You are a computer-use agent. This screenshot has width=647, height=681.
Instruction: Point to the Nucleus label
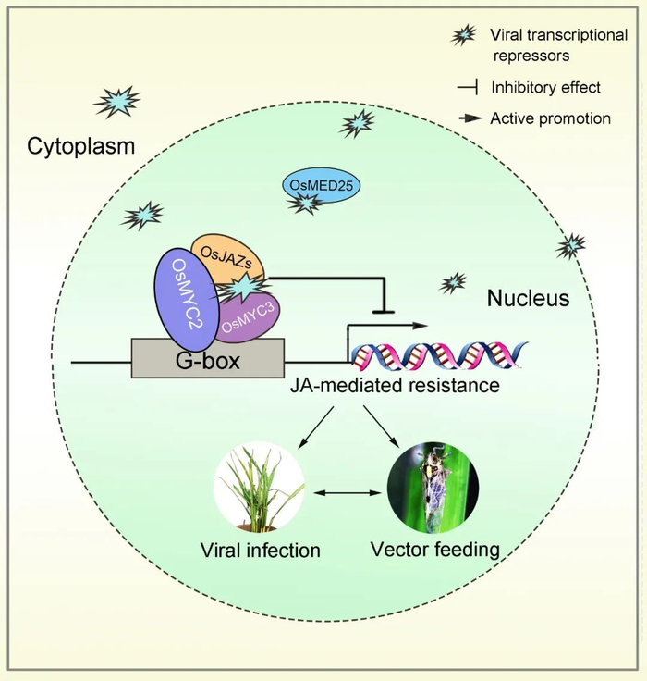click(528, 298)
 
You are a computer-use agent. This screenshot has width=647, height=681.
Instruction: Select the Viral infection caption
click(261, 550)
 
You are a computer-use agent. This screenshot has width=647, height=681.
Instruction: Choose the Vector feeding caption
click(435, 550)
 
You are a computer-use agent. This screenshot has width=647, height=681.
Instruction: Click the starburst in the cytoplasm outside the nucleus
click(118, 100)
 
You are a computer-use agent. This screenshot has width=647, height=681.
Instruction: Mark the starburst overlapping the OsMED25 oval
click(301, 203)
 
